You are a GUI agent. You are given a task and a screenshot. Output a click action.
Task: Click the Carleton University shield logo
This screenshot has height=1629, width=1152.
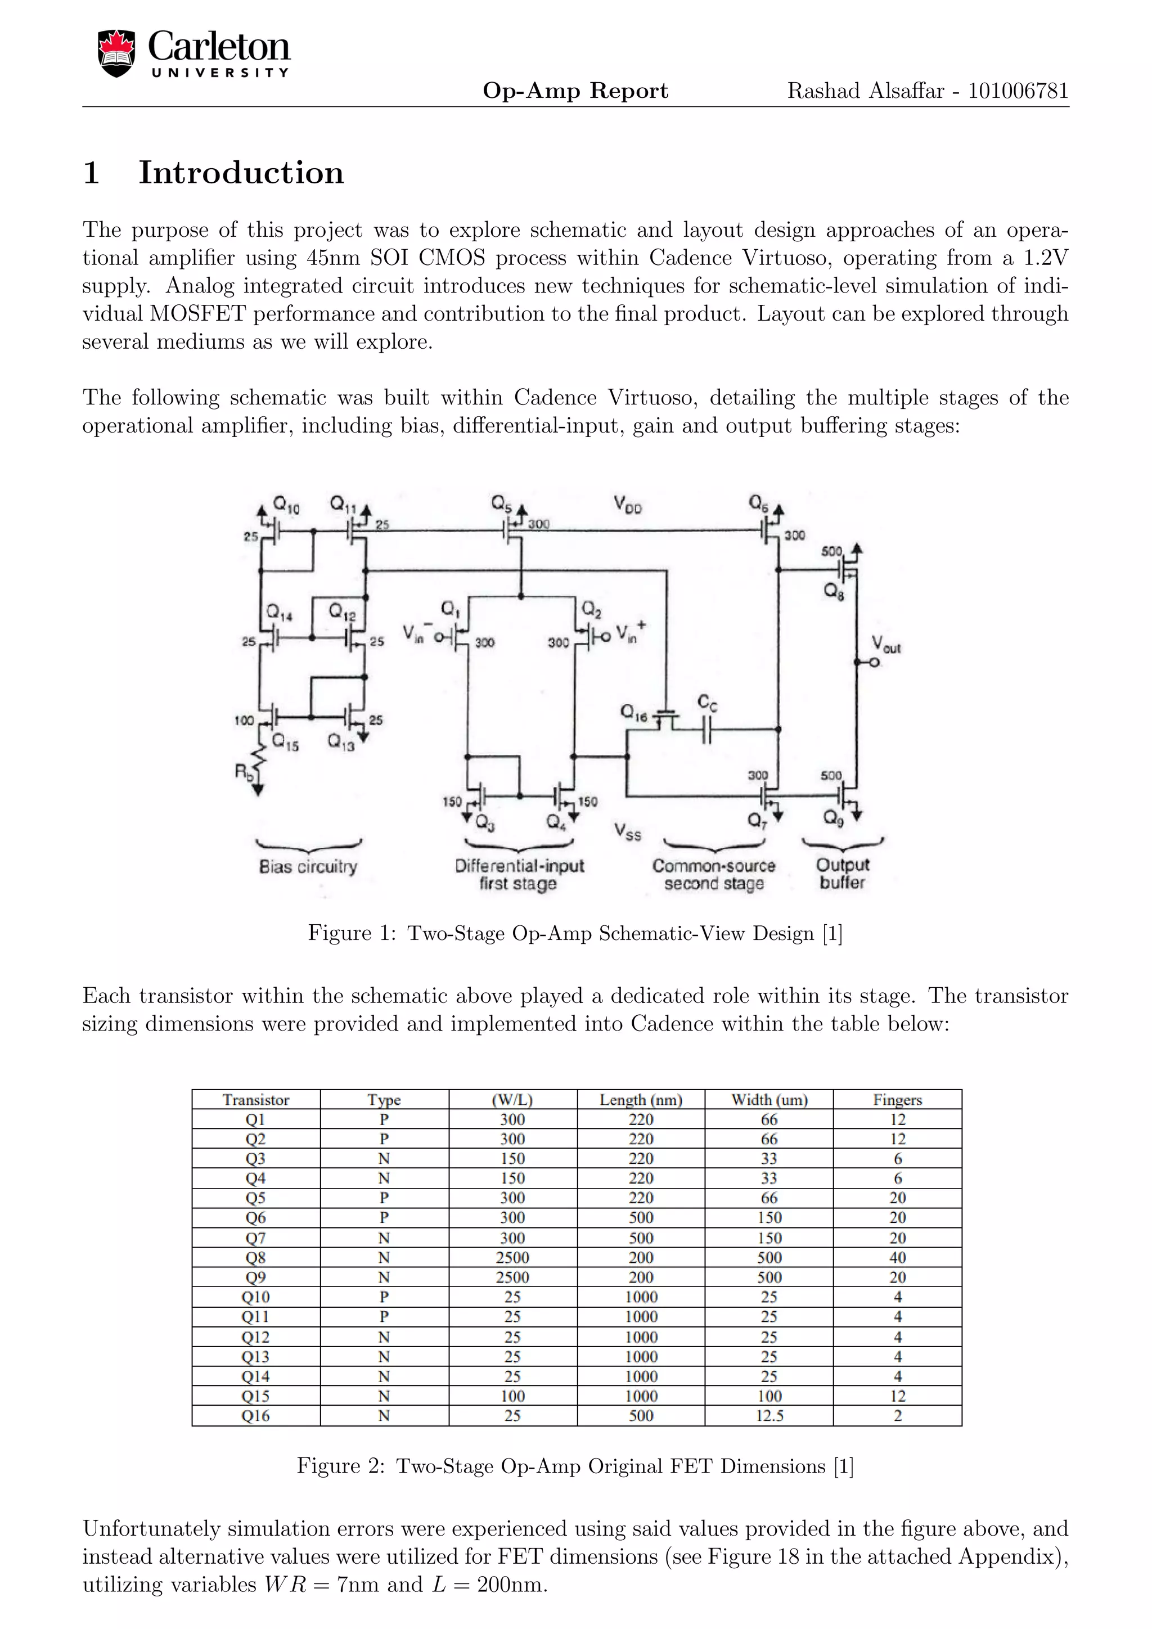[116, 53]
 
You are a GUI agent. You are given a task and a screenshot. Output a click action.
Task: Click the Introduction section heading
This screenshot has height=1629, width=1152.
[241, 173]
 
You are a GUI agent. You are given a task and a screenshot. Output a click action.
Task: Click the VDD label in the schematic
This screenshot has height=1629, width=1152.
[628, 505]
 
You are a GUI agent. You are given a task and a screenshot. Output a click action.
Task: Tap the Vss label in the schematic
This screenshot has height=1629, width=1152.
[628, 831]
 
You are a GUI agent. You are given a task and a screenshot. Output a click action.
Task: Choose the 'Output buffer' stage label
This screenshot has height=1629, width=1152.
[842, 874]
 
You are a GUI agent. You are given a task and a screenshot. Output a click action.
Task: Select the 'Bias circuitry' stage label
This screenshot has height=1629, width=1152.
[308, 866]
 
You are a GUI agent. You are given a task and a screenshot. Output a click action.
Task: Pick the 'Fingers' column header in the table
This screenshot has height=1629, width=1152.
[897, 1100]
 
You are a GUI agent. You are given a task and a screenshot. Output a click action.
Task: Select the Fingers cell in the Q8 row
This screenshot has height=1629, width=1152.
[897, 1258]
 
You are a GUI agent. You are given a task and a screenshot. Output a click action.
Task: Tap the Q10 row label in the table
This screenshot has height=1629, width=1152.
[255, 1297]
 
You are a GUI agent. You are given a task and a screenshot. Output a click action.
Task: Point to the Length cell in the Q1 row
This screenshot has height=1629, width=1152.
[641, 1119]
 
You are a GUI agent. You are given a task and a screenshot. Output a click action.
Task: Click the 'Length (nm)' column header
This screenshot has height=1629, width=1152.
[641, 1100]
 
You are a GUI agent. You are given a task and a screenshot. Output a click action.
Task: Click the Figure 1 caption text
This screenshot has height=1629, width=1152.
[574, 933]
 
